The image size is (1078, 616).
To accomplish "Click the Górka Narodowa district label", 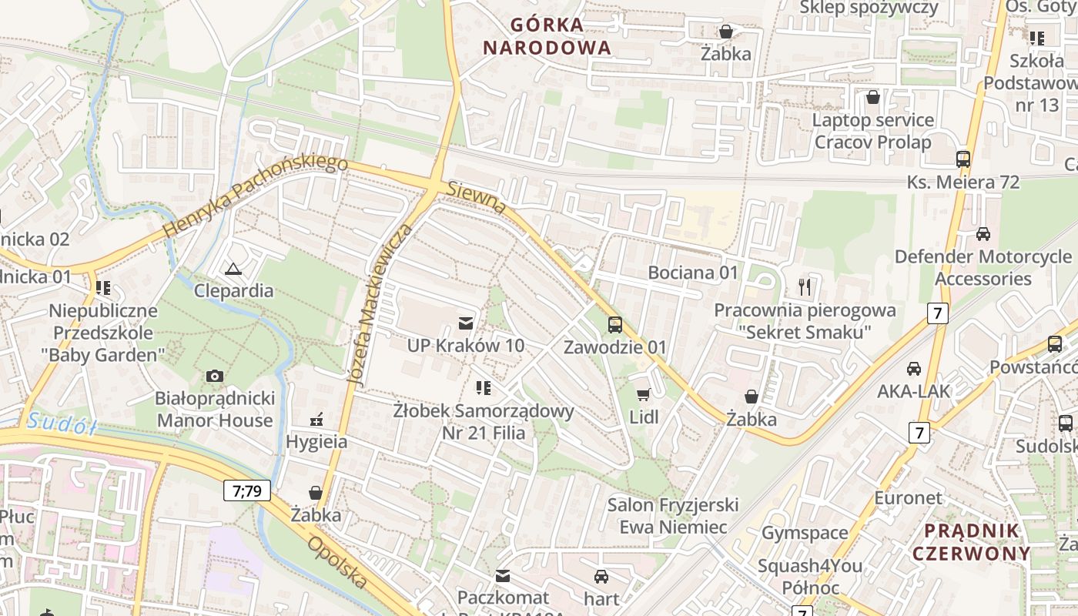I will pyautogui.click(x=547, y=36).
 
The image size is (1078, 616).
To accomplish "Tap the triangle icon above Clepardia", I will pyautogui.click(x=233, y=269).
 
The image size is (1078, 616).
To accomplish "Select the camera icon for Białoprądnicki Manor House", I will pyautogui.click(x=215, y=376).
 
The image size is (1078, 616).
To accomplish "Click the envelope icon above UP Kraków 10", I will pyautogui.click(x=465, y=323).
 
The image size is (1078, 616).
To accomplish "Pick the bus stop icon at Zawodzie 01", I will pyautogui.click(x=614, y=325).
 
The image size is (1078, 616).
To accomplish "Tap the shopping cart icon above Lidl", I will pyautogui.click(x=644, y=395).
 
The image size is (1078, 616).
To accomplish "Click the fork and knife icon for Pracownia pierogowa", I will pyautogui.click(x=805, y=287).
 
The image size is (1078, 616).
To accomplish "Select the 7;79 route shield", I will pyautogui.click(x=247, y=490).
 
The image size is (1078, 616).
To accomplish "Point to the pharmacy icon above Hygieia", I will pyautogui.click(x=316, y=420).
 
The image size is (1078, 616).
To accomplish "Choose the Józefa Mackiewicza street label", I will pyautogui.click(x=380, y=305).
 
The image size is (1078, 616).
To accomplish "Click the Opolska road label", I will pyautogui.click(x=337, y=563).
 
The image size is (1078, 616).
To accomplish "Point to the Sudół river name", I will pyautogui.click(x=62, y=423).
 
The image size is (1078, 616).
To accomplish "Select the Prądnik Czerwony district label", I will pyautogui.click(x=971, y=542).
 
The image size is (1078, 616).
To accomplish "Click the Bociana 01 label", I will pyautogui.click(x=692, y=273).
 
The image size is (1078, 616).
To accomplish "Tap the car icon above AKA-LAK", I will pyautogui.click(x=913, y=369).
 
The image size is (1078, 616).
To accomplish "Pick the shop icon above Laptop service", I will pyautogui.click(x=873, y=97).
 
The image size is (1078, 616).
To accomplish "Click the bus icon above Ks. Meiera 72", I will pyautogui.click(x=962, y=159).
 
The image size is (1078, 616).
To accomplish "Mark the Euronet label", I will pyautogui.click(x=908, y=497).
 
